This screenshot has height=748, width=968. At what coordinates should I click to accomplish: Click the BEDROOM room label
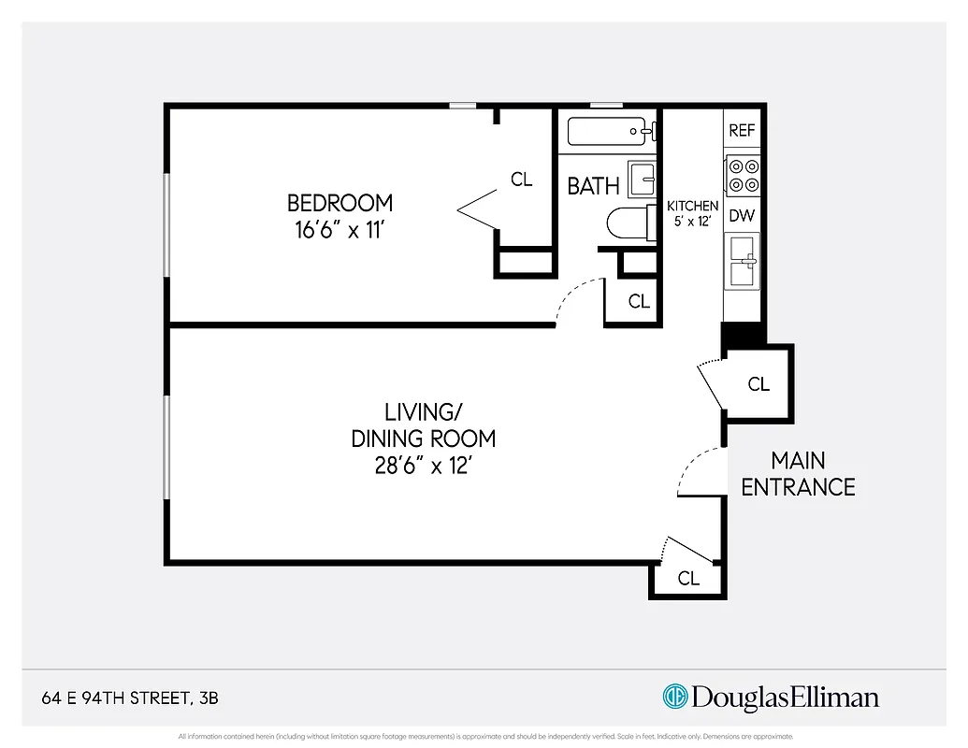pos(340,203)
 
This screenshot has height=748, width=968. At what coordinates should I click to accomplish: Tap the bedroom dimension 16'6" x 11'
pos(340,230)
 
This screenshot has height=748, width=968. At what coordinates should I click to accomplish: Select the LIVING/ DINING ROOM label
pos(423,424)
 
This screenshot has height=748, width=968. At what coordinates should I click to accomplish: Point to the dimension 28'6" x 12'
pos(423,465)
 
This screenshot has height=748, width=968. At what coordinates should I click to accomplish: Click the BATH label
pos(593,186)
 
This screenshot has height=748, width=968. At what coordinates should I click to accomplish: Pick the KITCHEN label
pos(692,206)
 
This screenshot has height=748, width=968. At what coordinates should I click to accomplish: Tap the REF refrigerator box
pos(742,131)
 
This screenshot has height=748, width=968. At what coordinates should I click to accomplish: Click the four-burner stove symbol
pos(743,176)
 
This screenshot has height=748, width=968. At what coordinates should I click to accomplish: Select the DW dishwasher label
pos(742,216)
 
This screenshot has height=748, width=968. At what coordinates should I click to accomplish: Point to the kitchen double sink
pos(744,261)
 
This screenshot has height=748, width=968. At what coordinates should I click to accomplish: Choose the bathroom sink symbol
pos(642,178)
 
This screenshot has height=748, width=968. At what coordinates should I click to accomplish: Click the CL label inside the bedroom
pos(521,180)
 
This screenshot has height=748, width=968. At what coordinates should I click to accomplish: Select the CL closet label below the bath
pos(639,301)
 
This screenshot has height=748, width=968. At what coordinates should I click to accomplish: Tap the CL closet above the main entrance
pos(759,384)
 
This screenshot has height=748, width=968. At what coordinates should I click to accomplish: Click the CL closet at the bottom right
pos(688,579)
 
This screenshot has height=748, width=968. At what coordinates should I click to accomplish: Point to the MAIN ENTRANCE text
pos(798,473)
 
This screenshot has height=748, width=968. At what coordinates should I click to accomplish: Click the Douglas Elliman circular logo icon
pos(674,697)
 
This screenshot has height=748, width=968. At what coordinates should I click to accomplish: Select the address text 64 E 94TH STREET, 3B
pos(131,698)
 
